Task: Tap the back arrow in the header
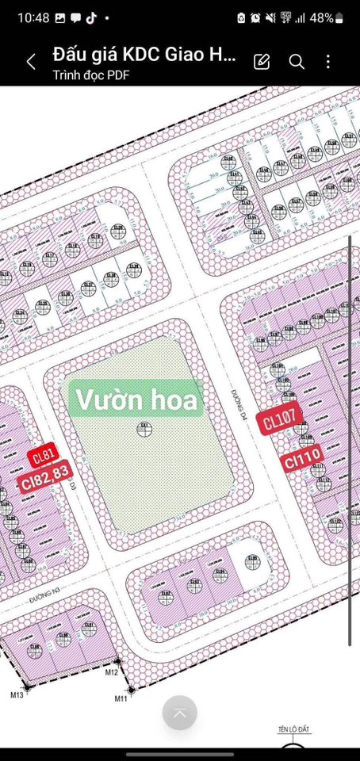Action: pyautogui.click(x=31, y=62)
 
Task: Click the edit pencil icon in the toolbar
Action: pyautogui.click(x=262, y=62)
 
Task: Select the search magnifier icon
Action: pyautogui.click(x=297, y=62)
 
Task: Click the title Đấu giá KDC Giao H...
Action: pyautogui.click(x=144, y=55)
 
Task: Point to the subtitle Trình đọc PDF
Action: pyautogui.click(x=91, y=75)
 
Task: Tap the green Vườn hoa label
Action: pyautogui.click(x=136, y=399)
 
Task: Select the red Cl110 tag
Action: pyautogui.click(x=303, y=457)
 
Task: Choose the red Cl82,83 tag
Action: pyautogui.click(x=46, y=481)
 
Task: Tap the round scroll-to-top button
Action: pyautogui.click(x=180, y=713)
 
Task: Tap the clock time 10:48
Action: pyautogui.click(x=32, y=17)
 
